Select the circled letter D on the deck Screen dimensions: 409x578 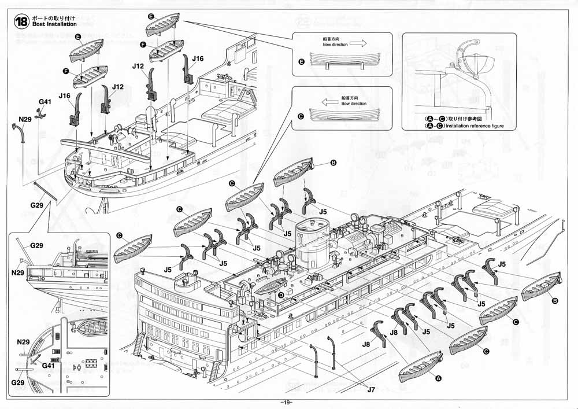pyautogui.click(x=281, y=295)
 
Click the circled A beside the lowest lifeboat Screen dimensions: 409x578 pyautogui.click(x=438, y=378)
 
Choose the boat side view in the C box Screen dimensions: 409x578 pyautogui.click(x=342, y=113)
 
